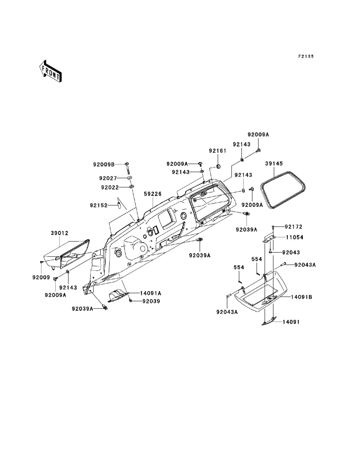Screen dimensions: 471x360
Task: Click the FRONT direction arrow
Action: [50, 72]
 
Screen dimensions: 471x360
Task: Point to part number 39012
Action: [59, 233]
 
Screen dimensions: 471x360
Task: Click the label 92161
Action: [217, 151]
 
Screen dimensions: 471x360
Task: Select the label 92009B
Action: [104, 165]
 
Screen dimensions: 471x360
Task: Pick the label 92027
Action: [109, 178]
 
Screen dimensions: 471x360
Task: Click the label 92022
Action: [109, 187]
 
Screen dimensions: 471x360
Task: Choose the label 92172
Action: [293, 227]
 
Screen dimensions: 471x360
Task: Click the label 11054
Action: [294, 237]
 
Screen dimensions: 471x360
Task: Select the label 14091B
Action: [302, 297]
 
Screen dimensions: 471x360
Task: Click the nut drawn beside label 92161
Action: [218, 167]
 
